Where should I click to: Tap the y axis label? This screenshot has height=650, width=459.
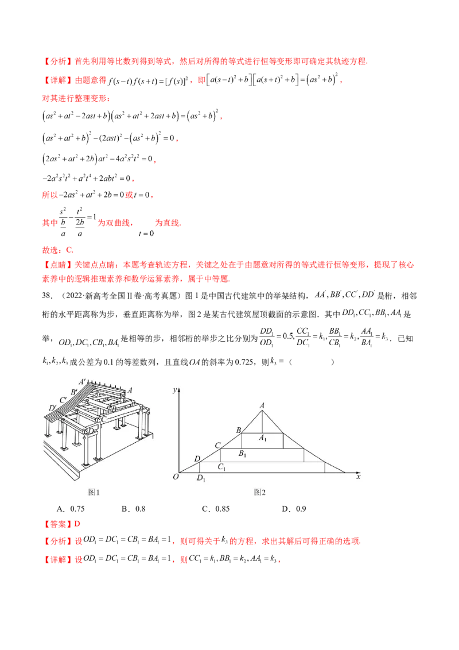coord(174,390)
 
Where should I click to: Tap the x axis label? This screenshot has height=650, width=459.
coord(359,477)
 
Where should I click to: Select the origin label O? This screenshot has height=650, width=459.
coord(176,477)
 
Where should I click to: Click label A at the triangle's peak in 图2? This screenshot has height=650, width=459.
coord(262,405)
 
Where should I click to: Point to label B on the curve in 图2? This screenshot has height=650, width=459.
coord(238,430)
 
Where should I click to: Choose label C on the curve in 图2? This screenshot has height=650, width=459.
coord(217,445)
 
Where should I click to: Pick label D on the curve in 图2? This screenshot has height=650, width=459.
coord(197,458)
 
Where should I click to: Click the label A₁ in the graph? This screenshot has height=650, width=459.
coord(263,439)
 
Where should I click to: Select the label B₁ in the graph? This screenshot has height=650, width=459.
coord(243,454)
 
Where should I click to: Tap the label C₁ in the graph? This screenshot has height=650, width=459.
coord(221,467)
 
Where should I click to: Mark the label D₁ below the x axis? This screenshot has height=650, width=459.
coord(201,478)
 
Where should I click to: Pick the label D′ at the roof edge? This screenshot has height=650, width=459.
coord(53,408)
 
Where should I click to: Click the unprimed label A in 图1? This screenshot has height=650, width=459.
coord(130,389)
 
